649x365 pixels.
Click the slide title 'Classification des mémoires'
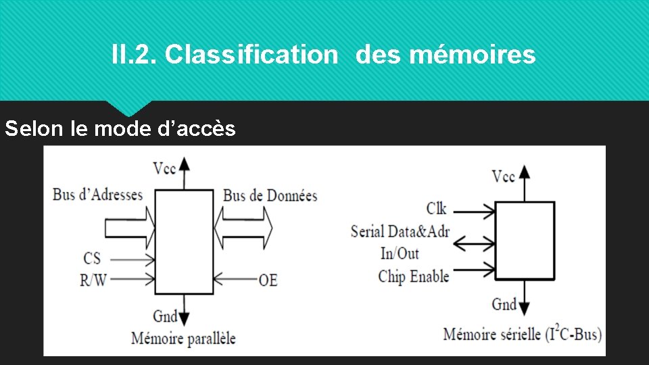[323, 54]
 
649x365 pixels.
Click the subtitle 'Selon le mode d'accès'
[120, 128]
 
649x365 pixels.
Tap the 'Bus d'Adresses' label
[98, 195]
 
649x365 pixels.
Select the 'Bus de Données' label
[270, 196]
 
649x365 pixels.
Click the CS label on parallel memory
[93, 258]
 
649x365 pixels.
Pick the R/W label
[93, 279]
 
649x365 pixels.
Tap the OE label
[268, 279]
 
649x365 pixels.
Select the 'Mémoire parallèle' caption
[183, 337]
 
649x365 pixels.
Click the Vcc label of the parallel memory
[165, 168]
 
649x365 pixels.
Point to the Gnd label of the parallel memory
[165, 316]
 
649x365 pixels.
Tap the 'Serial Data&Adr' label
[400, 232]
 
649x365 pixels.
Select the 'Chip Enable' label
[413, 276]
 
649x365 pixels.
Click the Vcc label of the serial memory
[504, 177]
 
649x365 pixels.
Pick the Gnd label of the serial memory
[504, 304]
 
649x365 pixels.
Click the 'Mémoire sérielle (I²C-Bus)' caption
[522, 334]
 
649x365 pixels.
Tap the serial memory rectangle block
[525, 240]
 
